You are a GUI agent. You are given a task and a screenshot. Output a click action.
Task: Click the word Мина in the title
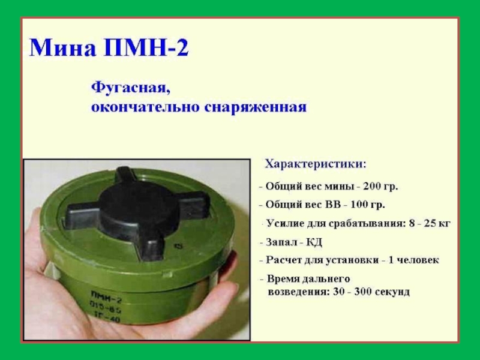pyautogui.click(x=62, y=47)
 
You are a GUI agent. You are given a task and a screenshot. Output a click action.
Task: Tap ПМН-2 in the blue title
pyautogui.click(x=146, y=47)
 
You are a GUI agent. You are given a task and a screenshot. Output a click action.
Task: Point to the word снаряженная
pyautogui.click(x=255, y=108)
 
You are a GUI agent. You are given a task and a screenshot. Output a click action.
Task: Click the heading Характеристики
pyautogui.click(x=316, y=164)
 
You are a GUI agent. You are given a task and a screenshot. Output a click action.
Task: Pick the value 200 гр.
pyautogui.click(x=380, y=187)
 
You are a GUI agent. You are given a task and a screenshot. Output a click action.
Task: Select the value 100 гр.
pyautogui.click(x=367, y=205)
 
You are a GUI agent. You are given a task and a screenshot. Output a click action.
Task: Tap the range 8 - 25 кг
pyautogui.click(x=430, y=223)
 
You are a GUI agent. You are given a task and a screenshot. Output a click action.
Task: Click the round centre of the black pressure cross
pyautogui.click(x=139, y=208)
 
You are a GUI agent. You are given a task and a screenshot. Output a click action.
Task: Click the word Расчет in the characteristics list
pyautogui.click(x=283, y=260)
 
